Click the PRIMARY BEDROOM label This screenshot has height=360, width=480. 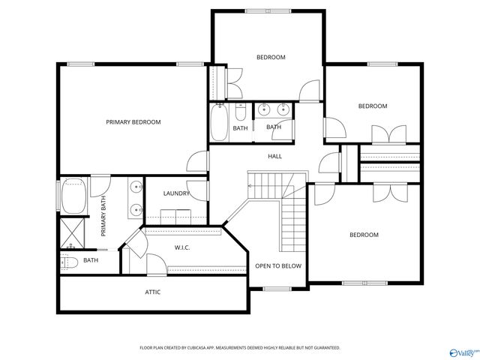pyautogui.click(x=133, y=121)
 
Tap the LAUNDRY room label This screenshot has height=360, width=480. pyautogui.click(x=176, y=193)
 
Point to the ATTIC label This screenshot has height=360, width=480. pyautogui.click(x=152, y=292)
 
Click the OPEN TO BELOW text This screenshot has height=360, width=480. pyautogui.click(x=278, y=265)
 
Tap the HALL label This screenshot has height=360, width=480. pyautogui.click(x=275, y=156)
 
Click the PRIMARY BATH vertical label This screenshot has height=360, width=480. pyautogui.click(x=104, y=216)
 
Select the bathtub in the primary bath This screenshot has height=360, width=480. pyautogui.click(x=73, y=195)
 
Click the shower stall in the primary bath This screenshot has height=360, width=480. pyautogui.click(x=73, y=233)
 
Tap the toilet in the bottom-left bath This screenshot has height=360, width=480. pyautogui.click(x=67, y=262)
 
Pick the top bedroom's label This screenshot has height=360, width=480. pyautogui.click(x=271, y=57)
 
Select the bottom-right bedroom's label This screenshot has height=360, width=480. pyautogui.click(x=364, y=235)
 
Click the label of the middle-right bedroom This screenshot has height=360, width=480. pyautogui.click(x=372, y=106)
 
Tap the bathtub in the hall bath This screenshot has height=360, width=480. pyautogui.click(x=220, y=122)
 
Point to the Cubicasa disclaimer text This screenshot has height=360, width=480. pyautogui.click(x=240, y=348)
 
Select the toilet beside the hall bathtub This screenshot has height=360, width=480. pyautogui.click(x=240, y=113)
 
